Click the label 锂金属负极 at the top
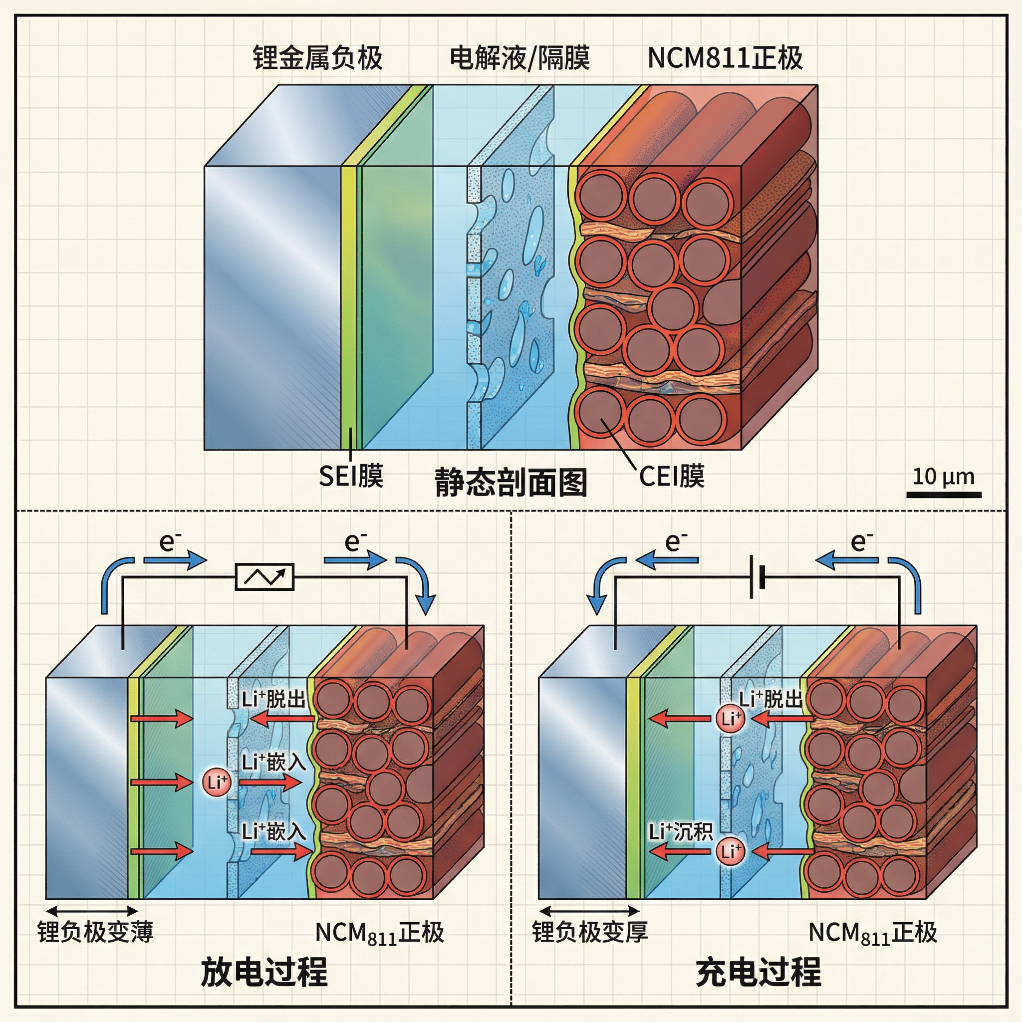point(317,58)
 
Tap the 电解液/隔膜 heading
point(519,58)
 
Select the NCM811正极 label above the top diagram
point(725,58)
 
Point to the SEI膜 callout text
point(351,476)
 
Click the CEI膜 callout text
point(672,476)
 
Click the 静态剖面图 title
point(511,482)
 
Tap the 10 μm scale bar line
point(944,495)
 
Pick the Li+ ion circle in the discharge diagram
point(217,782)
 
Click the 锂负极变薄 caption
point(95,932)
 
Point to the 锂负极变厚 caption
point(590,932)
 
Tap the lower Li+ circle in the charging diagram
point(731,851)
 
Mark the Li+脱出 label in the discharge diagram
point(274,699)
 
